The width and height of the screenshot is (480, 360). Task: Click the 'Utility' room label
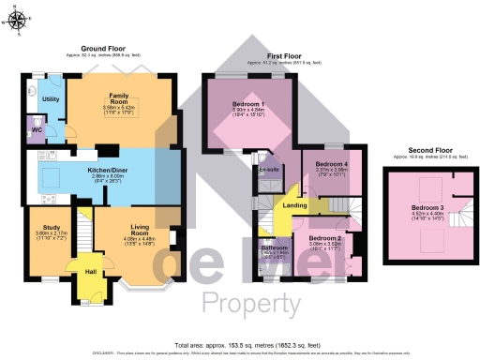point(51,98)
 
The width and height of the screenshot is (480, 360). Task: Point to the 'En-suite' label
point(271,170)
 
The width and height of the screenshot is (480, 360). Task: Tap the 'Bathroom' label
point(274,247)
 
